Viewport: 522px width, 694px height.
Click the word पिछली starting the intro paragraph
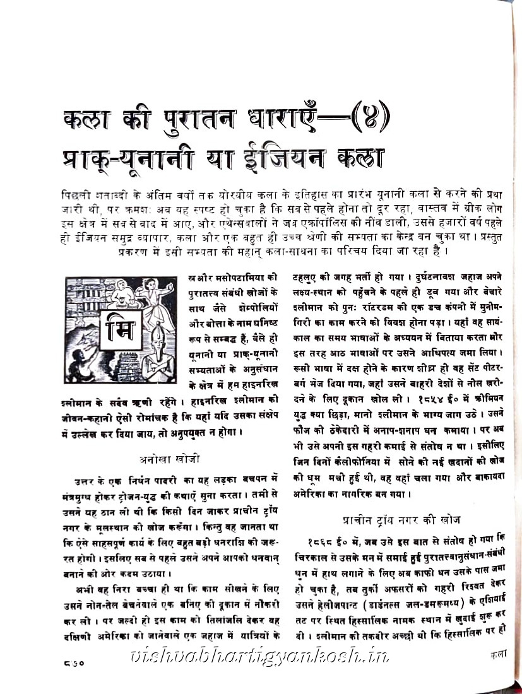click(x=77, y=194)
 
